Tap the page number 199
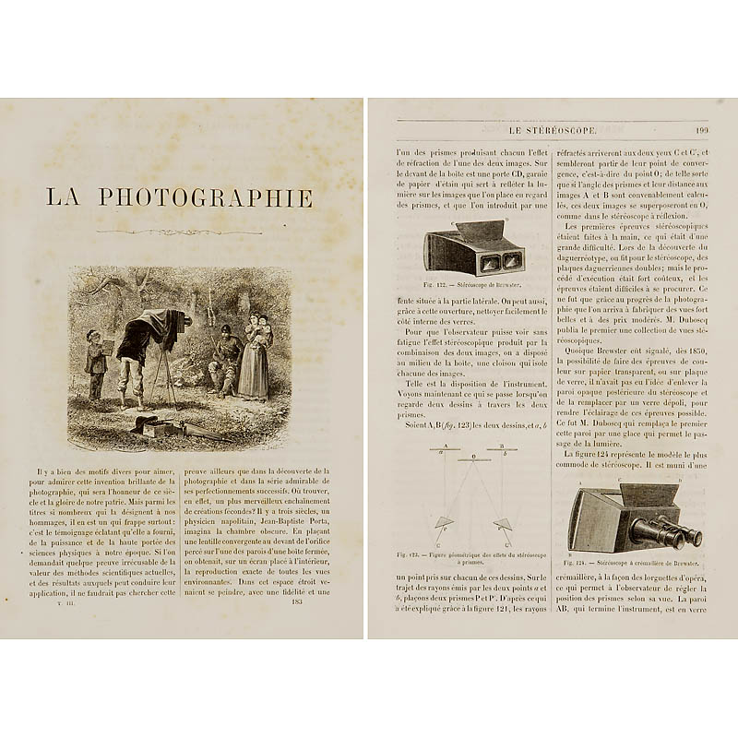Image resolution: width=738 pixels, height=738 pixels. [x=701, y=129]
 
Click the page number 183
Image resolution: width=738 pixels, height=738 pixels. [x=296, y=601]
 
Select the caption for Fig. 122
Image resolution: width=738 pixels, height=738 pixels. [x=469, y=286]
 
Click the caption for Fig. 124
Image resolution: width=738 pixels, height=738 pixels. [x=636, y=561]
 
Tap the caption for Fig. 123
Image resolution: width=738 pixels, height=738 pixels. [x=469, y=557]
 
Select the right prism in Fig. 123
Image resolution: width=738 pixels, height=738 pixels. [x=502, y=524]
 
